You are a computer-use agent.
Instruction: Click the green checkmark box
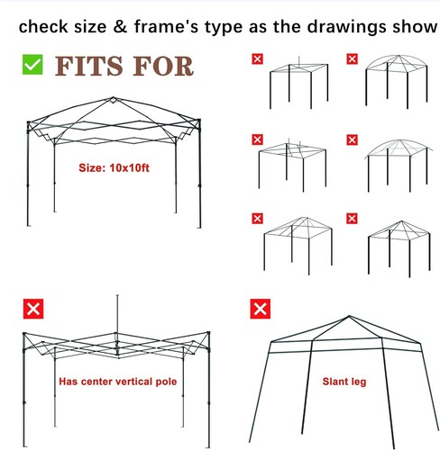pos(32,65)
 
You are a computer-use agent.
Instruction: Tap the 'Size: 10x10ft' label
pos(114,167)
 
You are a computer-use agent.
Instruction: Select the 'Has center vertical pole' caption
pos(118,382)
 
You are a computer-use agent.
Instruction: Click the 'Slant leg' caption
pos(344,382)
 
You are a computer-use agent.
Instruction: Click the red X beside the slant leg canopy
pos(261,309)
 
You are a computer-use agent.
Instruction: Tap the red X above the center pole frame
pos(33,309)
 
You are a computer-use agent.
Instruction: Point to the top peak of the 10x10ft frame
pos(113,98)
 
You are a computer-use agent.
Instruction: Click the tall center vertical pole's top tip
pos(117,295)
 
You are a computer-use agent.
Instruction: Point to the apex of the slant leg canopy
pos(349,316)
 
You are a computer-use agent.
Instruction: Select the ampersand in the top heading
pos(120,26)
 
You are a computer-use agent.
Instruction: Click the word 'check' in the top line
pos(43,26)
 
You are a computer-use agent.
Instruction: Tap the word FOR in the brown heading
pos(163,67)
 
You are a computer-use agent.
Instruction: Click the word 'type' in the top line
pos(224,28)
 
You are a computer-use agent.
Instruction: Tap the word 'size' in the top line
pos(90,26)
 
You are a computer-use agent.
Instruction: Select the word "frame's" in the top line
pos(166,26)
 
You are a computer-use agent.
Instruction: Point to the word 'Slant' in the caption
pos(335,382)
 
